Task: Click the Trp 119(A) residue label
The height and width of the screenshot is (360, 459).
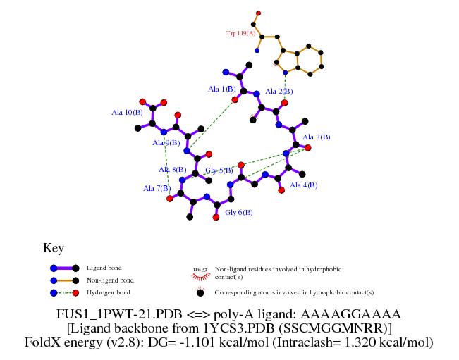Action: pyautogui.click(x=240, y=33)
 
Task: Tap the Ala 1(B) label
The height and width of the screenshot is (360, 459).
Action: pyautogui.click(x=222, y=89)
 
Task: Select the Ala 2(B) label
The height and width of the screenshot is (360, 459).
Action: pyautogui.click(x=279, y=92)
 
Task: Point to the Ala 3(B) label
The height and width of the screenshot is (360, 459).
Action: pyautogui.click(x=317, y=137)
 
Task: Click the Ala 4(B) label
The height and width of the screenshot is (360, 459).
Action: pyautogui.click(x=304, y=185)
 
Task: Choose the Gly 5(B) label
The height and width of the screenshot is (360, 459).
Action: pyautogui.click(x=219, y=170)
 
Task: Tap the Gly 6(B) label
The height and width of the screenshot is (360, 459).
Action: pyautogui.click(x=239, y=212)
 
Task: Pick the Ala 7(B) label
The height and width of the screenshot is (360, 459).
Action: pyautogui.click(x=157, y=188)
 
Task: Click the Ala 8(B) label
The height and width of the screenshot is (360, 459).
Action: pyautogui.click(x=173, y=170)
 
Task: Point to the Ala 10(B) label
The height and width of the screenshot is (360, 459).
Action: pyautogui.click(x=127, y=112)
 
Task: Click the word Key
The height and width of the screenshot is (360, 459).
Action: pyautogui.click(x=54, y=248)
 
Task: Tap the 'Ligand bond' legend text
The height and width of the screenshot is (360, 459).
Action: pyautogui.click(x=104, y=268)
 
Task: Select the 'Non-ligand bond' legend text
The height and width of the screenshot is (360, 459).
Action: pyautogui.click(x=109, y=280)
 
